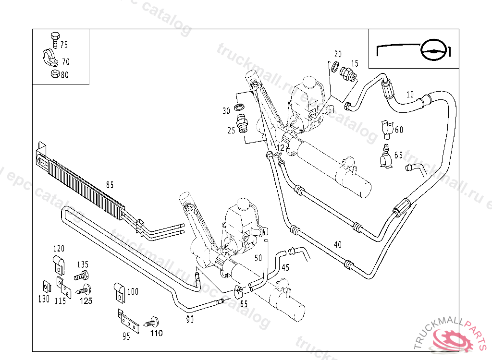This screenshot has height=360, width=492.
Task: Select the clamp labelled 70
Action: (49, 58)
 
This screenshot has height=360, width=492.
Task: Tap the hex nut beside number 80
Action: (54, 74)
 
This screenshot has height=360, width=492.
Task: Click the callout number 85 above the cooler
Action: (110, 184)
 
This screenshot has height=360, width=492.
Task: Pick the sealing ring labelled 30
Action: (239, 106)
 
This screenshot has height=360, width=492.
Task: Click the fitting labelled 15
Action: (347, 74)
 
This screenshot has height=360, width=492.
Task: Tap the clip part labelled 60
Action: (386, 128)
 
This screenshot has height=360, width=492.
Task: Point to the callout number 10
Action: (409, 95)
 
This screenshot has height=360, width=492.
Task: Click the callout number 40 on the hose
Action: (338, 244)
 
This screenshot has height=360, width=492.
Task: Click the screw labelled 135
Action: (82, 276)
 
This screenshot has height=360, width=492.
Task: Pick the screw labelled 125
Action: (86, 289)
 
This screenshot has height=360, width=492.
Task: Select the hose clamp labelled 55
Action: (237, 291)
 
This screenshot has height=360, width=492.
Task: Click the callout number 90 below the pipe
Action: (190, 320)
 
